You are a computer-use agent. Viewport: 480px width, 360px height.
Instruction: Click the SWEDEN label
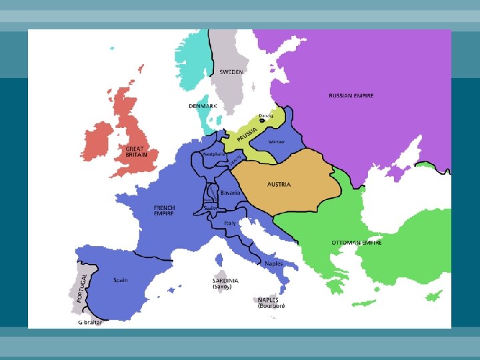tap(231, 72)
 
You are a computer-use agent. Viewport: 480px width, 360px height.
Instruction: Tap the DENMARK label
tap(202, 106)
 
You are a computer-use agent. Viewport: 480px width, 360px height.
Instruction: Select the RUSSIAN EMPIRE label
tap(351, 96)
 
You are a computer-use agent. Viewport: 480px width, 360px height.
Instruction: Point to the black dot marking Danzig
tap(261, 121)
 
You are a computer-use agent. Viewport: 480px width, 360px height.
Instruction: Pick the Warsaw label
tap(276, 142)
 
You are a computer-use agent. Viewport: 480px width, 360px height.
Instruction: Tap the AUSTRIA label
tap(279, 184)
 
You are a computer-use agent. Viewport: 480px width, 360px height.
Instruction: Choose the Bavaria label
tap(230, 193)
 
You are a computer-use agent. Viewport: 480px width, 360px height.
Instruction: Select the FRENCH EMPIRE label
tap(163, 210)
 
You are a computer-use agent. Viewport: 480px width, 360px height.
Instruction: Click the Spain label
tap(121, 280)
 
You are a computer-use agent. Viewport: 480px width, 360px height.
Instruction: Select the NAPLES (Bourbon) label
tap(271, 303)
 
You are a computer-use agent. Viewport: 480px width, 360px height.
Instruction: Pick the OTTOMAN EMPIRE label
tap(357, 242)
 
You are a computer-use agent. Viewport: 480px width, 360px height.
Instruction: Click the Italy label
tap(230, 223)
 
